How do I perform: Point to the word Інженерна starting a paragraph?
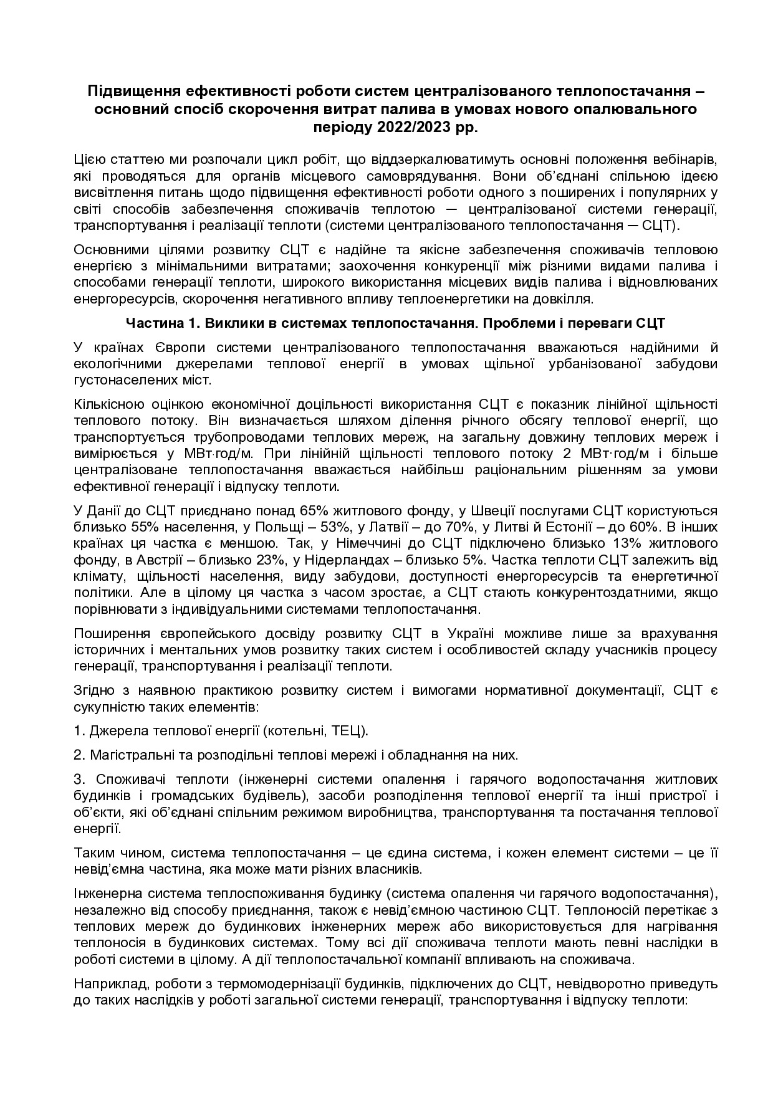pyautogui.click(x=103, y=893)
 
